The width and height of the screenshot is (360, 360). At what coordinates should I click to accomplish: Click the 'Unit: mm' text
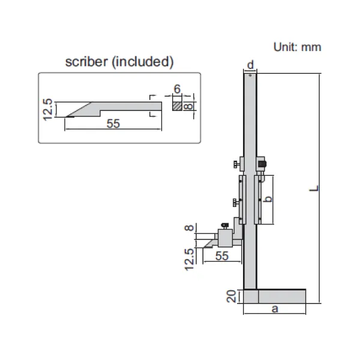coord(297,47)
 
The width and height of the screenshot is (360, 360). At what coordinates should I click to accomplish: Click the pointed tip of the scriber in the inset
coord(67,115)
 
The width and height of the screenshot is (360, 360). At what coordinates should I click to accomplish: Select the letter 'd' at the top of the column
coord(250,64)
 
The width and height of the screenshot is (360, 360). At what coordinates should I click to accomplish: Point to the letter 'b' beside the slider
coord(269,200)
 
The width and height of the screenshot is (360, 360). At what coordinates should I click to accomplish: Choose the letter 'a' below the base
coord(275,308)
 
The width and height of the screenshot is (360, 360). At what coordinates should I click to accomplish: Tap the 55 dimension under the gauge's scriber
coord(221,256)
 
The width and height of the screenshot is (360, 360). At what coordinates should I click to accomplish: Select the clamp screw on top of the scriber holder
coord(225,226)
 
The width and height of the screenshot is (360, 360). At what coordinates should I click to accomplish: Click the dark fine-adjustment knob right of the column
coord(262,163)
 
